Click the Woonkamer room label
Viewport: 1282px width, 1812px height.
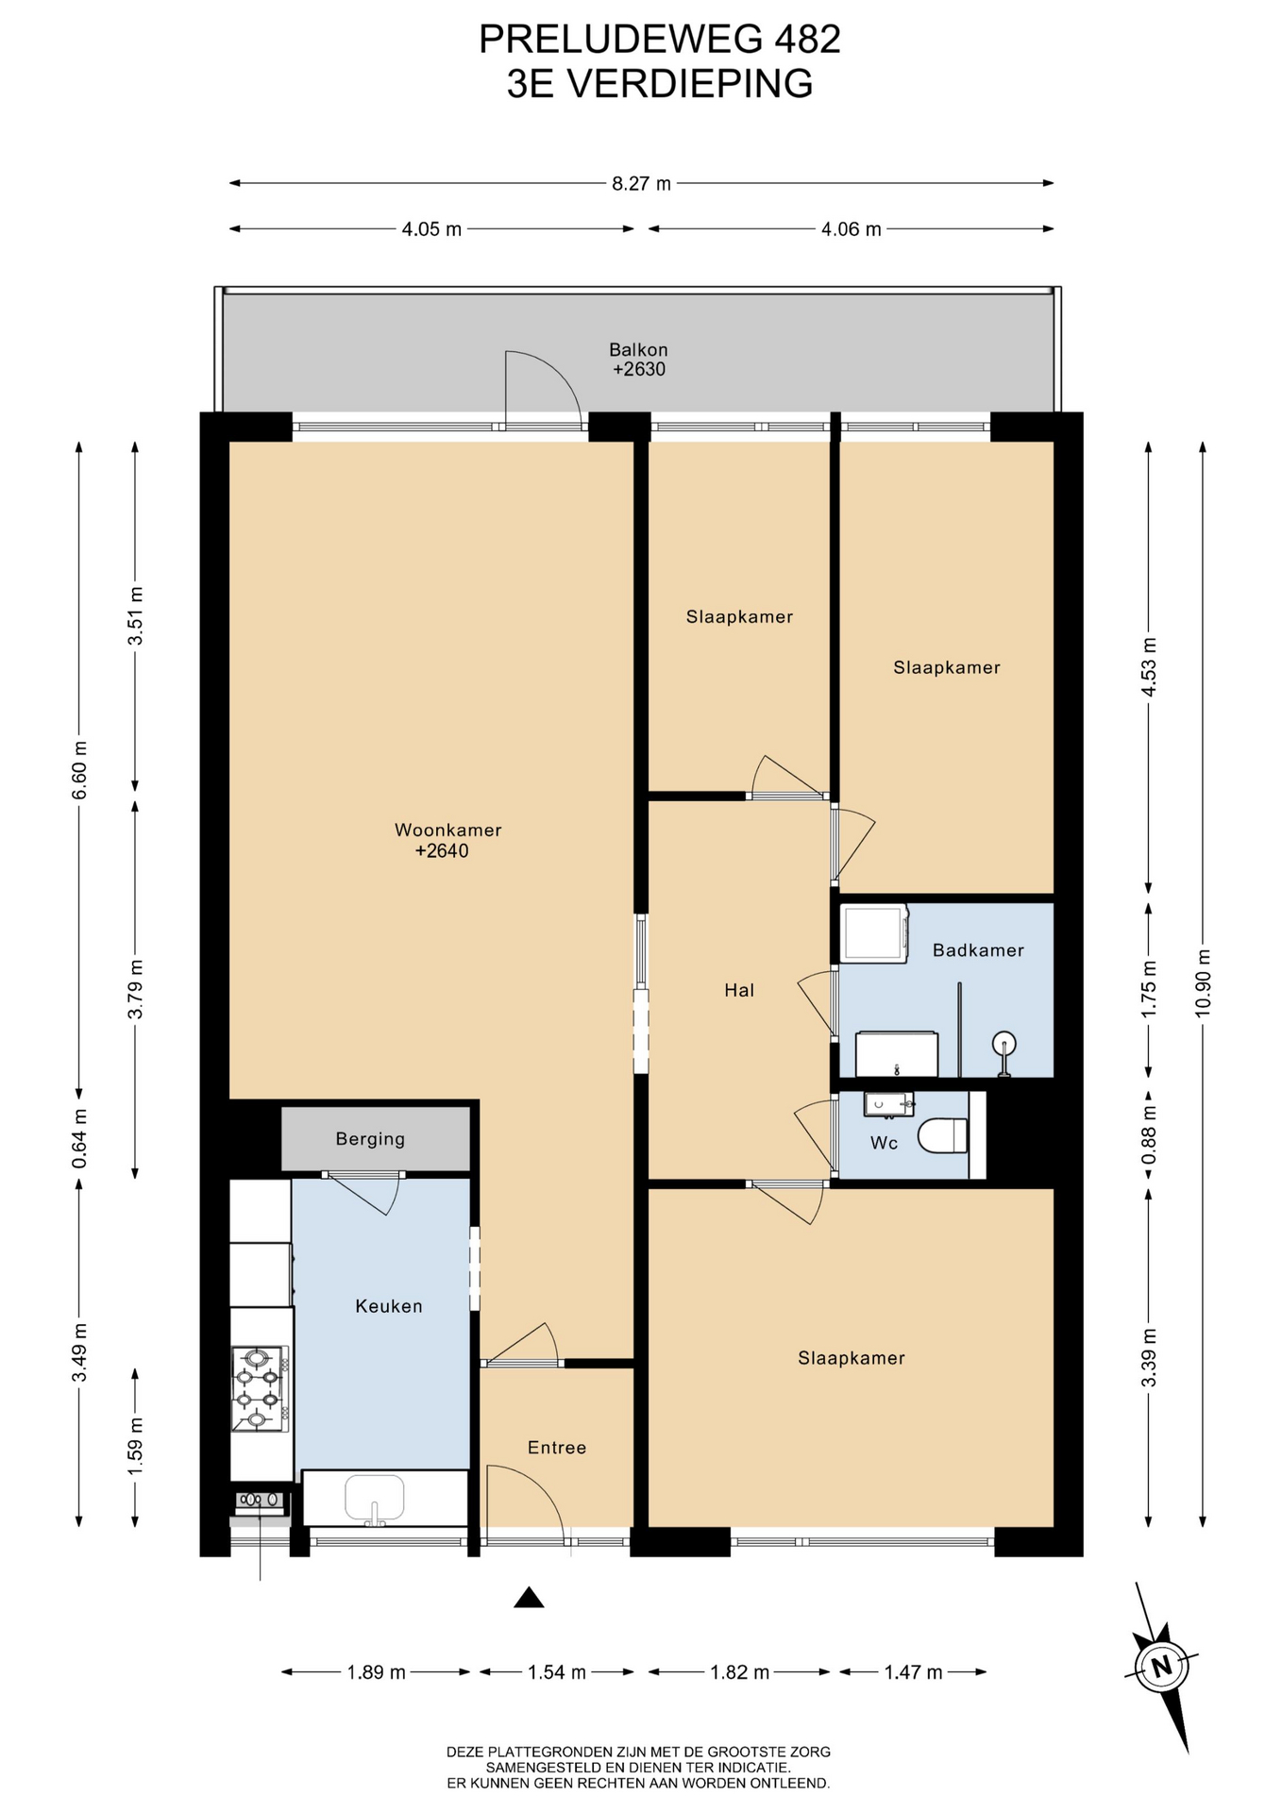click(x=447, y=830)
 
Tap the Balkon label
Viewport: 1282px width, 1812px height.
click(x=638, y=350)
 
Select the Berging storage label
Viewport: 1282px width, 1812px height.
click(x=370, y=1139)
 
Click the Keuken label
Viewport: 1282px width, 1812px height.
click(x=389, y=1306)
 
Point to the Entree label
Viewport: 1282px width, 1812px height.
click(x=557, y=1448)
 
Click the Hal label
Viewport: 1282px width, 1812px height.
click(x=739, y=990)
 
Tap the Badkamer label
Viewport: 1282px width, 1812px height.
click(x=978, y=950)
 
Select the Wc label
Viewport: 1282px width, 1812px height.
click(x=884, y=1143)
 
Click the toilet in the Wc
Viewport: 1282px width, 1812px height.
click(x=943, y=1135)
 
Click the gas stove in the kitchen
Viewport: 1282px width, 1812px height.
click(x=259, y=1388)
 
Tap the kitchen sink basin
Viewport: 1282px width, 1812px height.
click(x=375, y=1497)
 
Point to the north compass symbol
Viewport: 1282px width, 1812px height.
click(x=1162, y=1666)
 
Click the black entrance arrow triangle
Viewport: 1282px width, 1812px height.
click(x=529, y=1597)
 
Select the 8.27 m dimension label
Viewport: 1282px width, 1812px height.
click(x=641, y=183)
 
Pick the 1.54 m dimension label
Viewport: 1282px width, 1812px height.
click(x=557, y=1672)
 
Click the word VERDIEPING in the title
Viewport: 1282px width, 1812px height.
click(x=690, y=84)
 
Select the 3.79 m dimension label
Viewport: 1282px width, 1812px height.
click(x=136, y=989)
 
